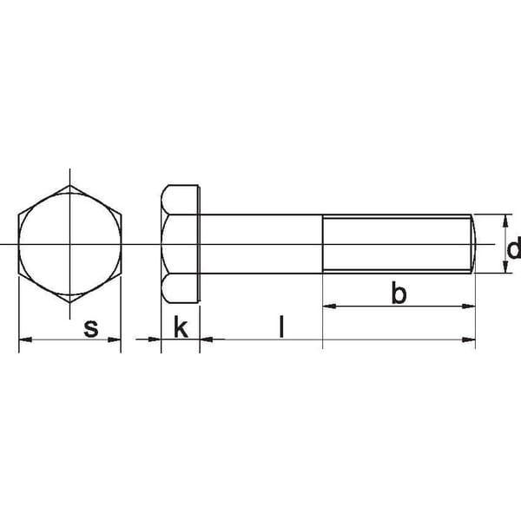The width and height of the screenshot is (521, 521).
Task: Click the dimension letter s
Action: point(91,328)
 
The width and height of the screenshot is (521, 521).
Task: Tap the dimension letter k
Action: point(181,326)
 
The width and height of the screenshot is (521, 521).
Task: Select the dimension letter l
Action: point(281,326)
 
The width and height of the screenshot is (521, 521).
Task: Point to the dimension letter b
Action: point(399,293)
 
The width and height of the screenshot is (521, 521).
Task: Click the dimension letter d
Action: point(513,247)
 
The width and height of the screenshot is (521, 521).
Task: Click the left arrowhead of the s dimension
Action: point(25,340)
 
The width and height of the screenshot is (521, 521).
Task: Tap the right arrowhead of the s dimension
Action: point(115,340)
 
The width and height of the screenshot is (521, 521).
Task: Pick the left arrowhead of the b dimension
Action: point(329,306)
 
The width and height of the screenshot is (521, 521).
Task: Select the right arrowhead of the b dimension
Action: point(469,306)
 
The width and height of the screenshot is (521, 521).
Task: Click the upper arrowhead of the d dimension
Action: point(505,221)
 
